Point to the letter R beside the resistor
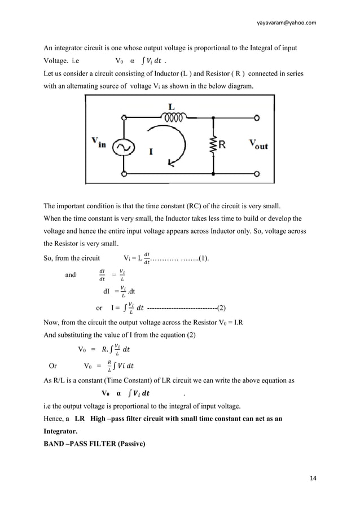tap(223, 145)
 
